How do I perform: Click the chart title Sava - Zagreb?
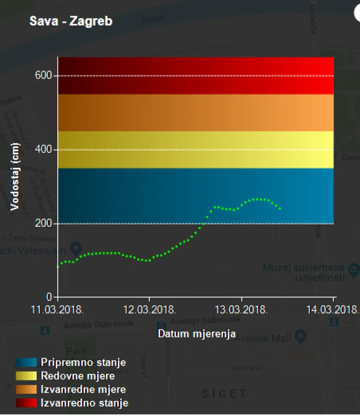pos(71,21)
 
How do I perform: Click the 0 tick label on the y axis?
pos(49,297)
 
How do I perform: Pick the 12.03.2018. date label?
pos(150,310)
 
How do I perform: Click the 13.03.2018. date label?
pos(242,310)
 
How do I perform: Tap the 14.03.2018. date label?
pos(333,310)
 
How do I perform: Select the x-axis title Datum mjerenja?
pos(197,334)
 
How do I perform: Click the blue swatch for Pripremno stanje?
pos(26,363)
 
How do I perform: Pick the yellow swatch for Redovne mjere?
pos(26,376)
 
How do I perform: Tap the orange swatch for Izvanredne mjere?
pos(26,389)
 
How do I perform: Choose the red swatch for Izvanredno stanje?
pos(26,403)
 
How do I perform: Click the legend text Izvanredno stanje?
pos(84,403)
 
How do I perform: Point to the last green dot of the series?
pos(280,209)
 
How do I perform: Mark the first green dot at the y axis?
pos(58,267)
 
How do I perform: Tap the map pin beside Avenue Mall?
pos(300,336)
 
